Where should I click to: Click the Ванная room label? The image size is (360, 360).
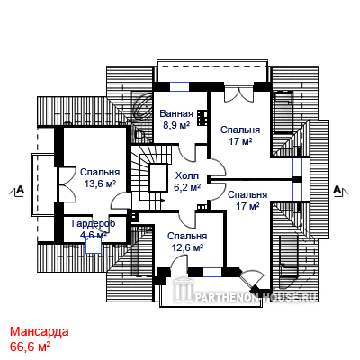(176, 114)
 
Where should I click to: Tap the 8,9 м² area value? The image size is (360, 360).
(176, 125)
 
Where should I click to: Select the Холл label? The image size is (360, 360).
(187, 175)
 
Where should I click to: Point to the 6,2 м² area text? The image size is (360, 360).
(187, 187)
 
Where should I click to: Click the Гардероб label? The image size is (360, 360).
(94, 224)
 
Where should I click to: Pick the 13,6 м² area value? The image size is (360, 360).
(100, 184)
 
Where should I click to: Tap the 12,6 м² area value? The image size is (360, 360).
(187, 247)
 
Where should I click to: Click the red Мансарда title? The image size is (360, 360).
(40, 331)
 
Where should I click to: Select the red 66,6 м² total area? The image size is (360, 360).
(30, 346)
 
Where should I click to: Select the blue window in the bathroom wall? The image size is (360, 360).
(180, 86)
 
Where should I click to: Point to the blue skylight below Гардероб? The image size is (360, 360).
(94, 245)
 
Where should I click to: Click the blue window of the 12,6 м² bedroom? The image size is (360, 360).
(212, 272)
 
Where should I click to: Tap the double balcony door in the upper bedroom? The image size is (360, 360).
(238, 94)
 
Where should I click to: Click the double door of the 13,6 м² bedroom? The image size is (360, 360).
(67, 184)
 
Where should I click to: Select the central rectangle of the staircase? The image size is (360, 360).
(158, 177)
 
